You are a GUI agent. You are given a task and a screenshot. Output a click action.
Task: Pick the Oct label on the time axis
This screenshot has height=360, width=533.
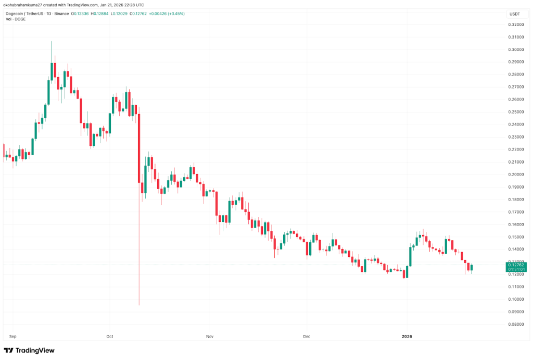(x=109, y=337)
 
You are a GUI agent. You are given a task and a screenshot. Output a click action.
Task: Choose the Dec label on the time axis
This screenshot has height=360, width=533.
(x=307, y=337)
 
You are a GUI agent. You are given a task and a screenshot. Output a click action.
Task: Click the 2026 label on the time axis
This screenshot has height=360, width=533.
(x=407, y=337)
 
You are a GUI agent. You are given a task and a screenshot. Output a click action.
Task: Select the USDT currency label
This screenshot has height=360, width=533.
(x=514, y=14)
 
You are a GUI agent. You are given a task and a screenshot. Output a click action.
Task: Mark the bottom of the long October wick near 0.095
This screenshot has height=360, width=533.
(x=139, y=305)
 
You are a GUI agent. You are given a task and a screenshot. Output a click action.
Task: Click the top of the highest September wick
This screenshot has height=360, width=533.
(x=52, y=41)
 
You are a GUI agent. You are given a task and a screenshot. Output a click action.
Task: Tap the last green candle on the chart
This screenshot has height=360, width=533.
(x=472, y=267)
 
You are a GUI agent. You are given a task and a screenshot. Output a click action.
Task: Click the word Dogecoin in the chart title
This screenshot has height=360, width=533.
(x=15, y=14)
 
